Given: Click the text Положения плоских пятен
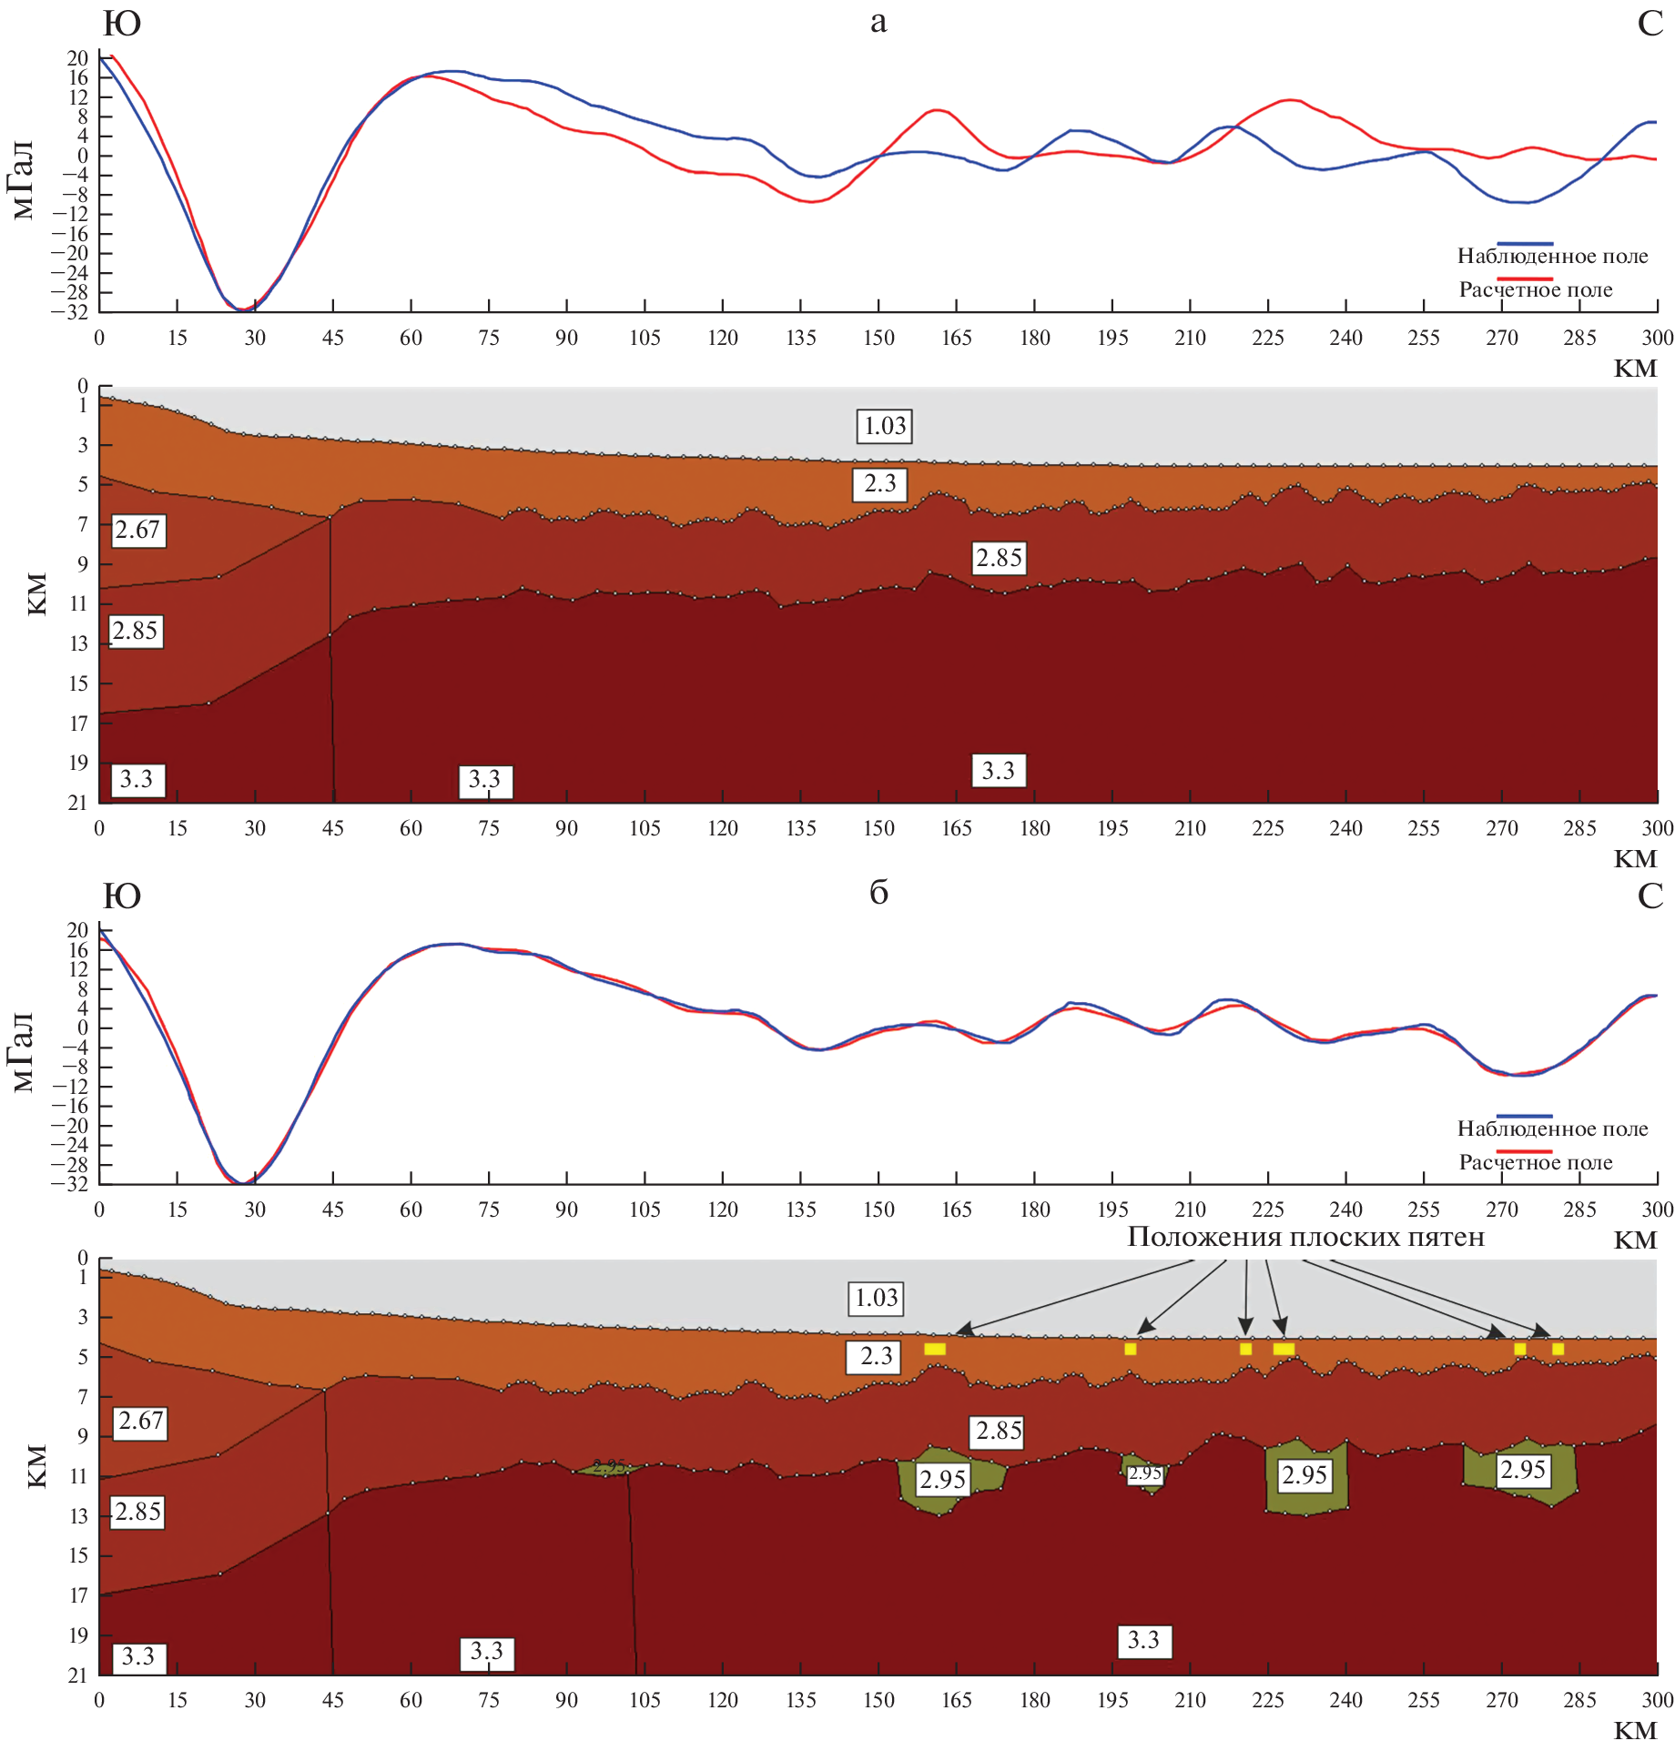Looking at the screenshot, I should (1305, 1237).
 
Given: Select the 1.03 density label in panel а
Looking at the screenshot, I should (884, 426).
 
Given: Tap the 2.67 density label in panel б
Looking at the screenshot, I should (141, 1421).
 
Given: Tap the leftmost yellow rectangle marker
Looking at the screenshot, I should (935, 1349).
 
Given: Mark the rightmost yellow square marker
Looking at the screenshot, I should (1558, 1349).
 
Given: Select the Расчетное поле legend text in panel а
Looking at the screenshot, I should (1536, 290).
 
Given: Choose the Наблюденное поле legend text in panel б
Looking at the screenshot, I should (1552, 1129).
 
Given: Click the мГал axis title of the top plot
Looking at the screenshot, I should (24, 180).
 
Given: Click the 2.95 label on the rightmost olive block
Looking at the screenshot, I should (1523, 1470).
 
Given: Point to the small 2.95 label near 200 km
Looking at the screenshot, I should (1144, 1473).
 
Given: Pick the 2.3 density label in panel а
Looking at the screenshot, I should (879, 483).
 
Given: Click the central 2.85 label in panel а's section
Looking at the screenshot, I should (999, 558).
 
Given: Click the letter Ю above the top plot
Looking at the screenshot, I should (121, 24).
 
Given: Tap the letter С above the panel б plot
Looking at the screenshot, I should (1650, 896).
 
